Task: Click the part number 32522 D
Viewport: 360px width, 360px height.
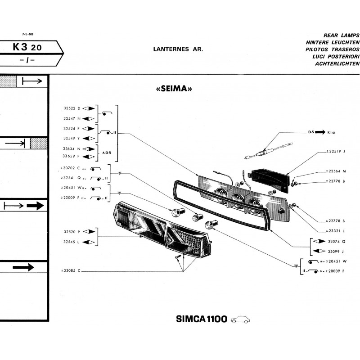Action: (x=72, y=108)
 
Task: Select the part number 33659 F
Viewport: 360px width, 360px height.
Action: (x=72, y=157)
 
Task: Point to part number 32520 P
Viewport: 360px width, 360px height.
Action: (x=72, y=231)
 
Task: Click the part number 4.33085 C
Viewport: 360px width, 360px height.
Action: (x=70, y=271)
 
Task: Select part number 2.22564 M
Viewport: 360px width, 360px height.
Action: (x=335, y=171)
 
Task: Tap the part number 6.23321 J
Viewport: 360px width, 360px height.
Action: (x=335, y=230)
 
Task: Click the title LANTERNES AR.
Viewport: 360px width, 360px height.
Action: (x=178, y=49)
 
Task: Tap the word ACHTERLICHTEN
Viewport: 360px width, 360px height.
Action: (x=333, y=64)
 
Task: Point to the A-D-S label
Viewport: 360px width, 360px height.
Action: (x=107, y=153)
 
